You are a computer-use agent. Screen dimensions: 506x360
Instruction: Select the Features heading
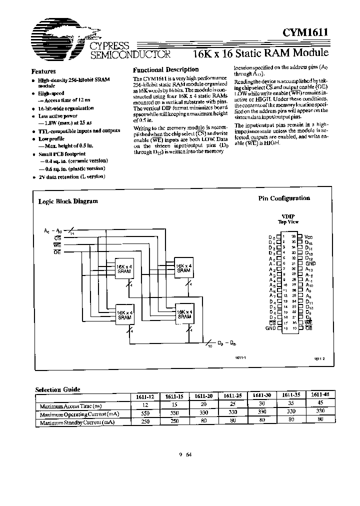click(43, 71)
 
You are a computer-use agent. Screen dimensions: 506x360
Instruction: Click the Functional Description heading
click(165, 69)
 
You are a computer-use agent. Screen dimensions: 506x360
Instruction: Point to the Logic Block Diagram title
click(68, 201)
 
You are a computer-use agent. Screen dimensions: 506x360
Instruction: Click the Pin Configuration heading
click(283, 198)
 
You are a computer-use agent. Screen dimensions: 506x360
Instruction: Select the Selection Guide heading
click(57, 389)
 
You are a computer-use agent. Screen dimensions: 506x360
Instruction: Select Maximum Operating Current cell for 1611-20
click(203, 414)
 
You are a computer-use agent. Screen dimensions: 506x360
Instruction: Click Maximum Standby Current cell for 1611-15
click(174, 422)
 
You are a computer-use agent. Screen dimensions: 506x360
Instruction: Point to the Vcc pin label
click(308, 236)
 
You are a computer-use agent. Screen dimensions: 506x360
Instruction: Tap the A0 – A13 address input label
click(54, 230)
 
